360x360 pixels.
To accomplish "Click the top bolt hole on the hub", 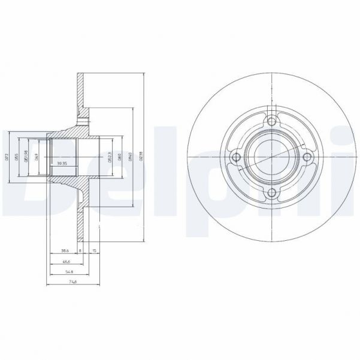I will (272, 122).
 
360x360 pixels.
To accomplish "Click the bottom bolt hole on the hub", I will (272, 193).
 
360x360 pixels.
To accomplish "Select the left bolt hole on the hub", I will (237, 158).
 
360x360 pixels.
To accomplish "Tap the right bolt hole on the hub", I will (307, 158).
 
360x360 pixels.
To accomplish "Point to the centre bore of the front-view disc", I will (272, 158).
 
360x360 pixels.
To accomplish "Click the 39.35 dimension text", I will (60, 163).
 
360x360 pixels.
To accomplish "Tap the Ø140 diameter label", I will (131, 157).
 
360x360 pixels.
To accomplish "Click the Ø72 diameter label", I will (7, 157).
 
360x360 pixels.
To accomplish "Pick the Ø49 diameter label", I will (37, 157).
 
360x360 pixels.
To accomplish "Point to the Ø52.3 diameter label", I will (110, 157).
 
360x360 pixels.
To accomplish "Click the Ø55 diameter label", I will (18, 157).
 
